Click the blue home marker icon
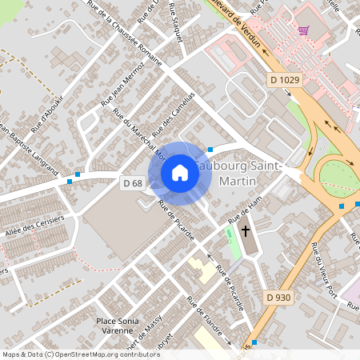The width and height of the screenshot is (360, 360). (180, 173)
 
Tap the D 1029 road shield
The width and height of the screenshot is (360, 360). (283, 80)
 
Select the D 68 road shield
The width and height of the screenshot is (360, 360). (133, 183)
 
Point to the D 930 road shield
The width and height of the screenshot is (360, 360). (278, 298)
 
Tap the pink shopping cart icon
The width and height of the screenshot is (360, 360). (303, 31)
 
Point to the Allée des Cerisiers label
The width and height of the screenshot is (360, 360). (34, 228)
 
